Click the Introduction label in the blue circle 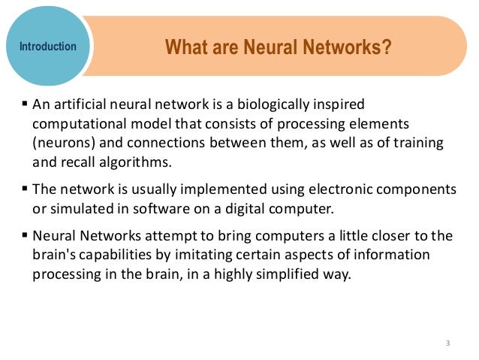point(48,47)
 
